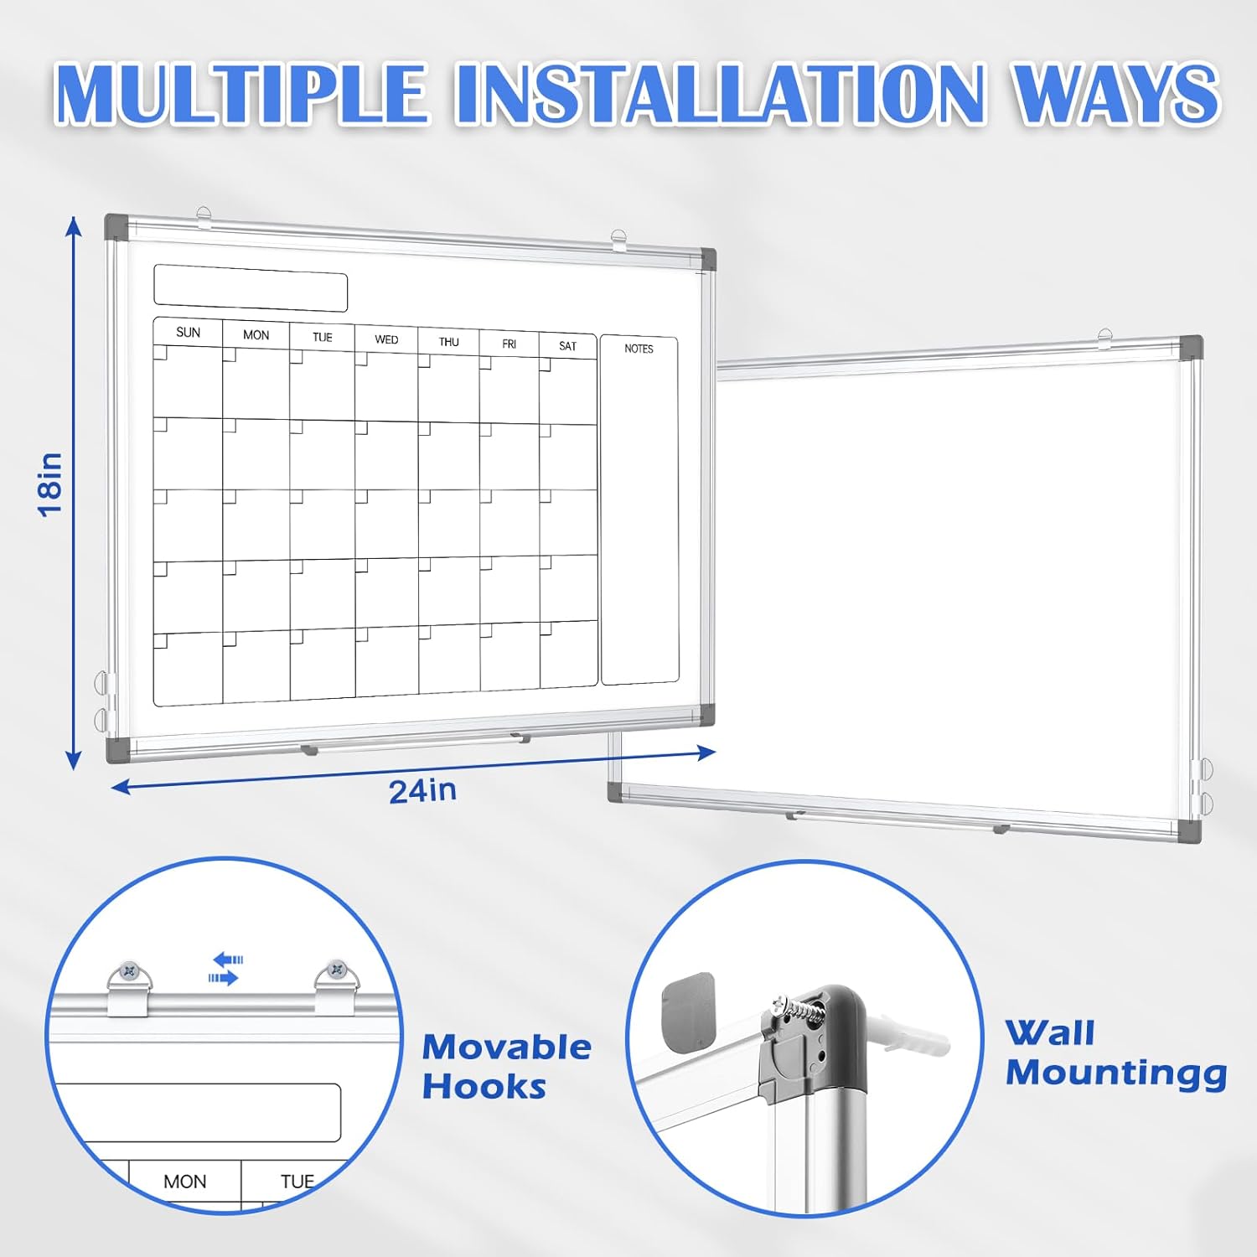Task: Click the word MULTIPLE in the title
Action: coord(241,94)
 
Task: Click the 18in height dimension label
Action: coord(51,484)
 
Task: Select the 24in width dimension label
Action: coord(422,790)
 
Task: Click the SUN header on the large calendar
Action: coord(188,333)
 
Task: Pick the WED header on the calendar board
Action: coord(386,339)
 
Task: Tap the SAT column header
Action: coord(567,346)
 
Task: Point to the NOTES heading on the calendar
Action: coord(639,349)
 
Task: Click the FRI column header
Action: coord(509,344)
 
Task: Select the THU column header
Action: coord(448,342)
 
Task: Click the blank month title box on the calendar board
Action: coord(251,287)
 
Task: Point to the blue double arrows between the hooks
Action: coord(225,968)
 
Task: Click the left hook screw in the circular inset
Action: coord(128,971)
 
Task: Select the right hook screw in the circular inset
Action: coord(337,970)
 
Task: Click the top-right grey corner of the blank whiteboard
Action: coord(1190,346)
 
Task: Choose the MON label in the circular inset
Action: coord(184,1182)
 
